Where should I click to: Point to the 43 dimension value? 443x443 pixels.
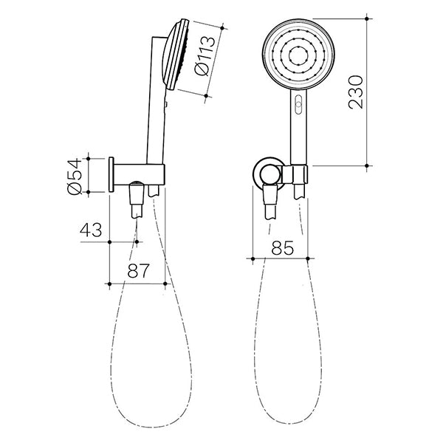click(x=91, y=230)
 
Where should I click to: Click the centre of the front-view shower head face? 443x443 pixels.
click(x=298, y=55)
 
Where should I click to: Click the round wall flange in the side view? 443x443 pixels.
click(x=111, y=174)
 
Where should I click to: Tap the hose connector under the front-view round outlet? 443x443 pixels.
click(x=271, y=201)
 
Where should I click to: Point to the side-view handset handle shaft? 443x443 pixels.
click(x=156, y=111)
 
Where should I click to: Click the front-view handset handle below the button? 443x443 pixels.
click(x=298, y=137)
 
